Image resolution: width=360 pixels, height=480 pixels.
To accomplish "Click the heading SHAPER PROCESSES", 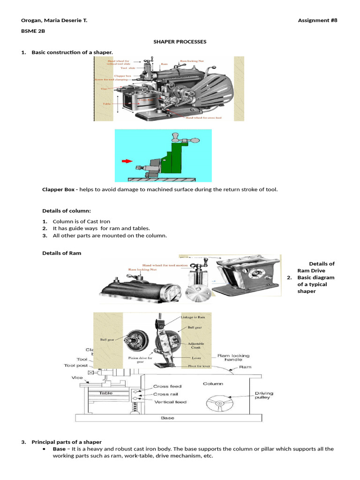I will pyautogui.click(x=180, y=42).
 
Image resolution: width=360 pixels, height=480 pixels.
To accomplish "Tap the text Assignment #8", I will pyautogui.click(x=317, y=20).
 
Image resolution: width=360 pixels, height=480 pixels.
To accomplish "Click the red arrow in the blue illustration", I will pyautogui.click(x=127, y=161).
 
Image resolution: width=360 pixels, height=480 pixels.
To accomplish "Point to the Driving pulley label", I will pyautogui.click(x=264, y=397).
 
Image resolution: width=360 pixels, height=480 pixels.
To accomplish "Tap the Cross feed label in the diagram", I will pyautogui.click(x=167, y=386).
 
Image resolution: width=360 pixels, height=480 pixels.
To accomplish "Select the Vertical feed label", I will pyautogui.click(x=170, y=402).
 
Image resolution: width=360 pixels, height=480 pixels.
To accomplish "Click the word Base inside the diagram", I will pyautogui.click(x=167, y=418).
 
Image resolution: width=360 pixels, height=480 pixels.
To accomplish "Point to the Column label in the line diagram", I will pyautogui.click(x=213, y=383).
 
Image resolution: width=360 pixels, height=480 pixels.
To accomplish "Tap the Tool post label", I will pyautogui.click(x=75, y=365).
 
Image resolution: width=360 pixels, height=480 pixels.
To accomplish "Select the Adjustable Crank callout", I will pyautogui.click(x=196, y=346).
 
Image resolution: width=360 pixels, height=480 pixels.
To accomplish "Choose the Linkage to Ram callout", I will pyautogui.click(x=193, y=317).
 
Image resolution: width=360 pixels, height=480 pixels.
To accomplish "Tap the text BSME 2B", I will pyautogui.click(x=33, y=31).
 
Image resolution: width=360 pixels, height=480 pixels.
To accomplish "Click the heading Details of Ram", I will pyautogui.click(x=61, y=253).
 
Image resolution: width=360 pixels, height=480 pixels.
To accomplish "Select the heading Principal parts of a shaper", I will pyautogui.click(x=66, y=442).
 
